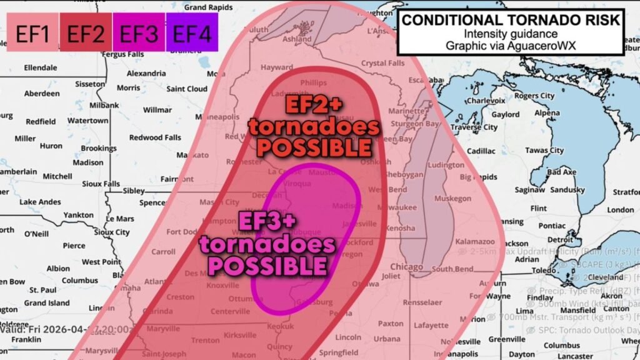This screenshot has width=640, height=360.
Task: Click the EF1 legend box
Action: tap(32, 32)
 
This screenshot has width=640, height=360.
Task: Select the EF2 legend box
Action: tap(85, 32)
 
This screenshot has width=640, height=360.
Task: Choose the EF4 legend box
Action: tap(192, 32)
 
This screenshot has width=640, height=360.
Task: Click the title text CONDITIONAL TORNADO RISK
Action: tap(511, 20)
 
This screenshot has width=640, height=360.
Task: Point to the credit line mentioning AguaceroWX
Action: tap(511, 46)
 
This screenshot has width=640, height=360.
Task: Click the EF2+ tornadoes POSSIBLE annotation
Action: tap(314, 127)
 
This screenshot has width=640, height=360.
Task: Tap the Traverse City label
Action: tap(474, 127)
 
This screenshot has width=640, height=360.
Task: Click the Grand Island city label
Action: tap(46, 303)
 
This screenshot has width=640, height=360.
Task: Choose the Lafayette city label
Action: tap(431, 325)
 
